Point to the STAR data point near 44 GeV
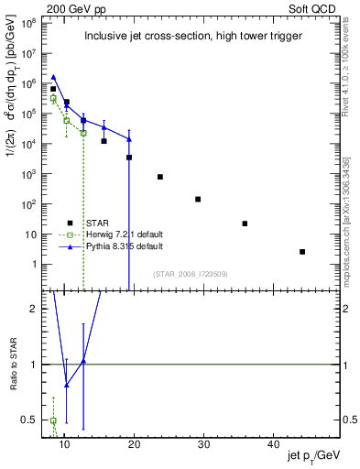(302, 252)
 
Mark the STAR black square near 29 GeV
(198, 199)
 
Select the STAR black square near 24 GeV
(160, 177)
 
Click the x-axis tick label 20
(134, 444)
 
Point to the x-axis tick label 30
(204, 444)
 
